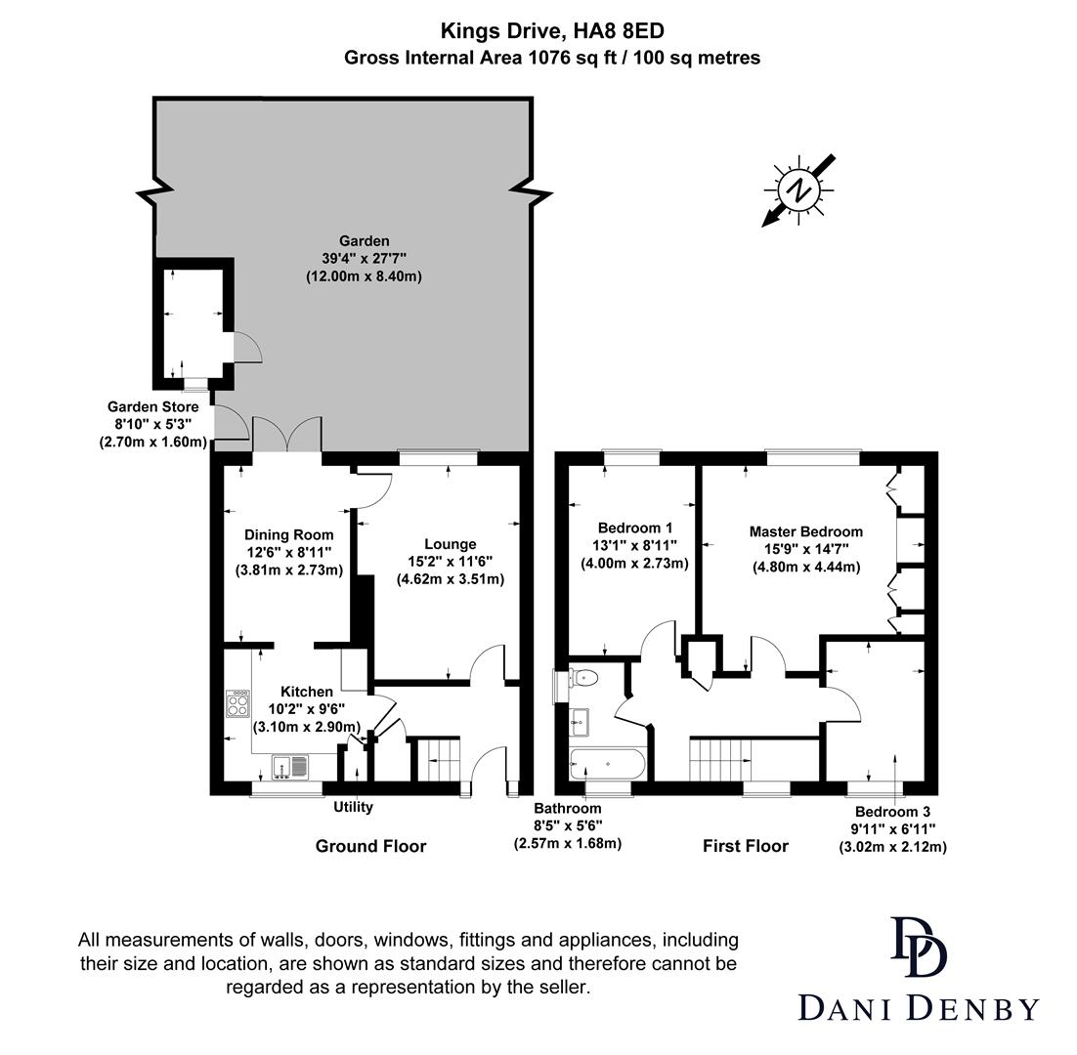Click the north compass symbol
800,190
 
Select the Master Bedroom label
805,531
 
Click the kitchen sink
289,767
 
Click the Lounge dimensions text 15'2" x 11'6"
450,562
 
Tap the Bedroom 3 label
892,812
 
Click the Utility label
353,807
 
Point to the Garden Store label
152,406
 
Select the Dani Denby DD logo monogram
918,947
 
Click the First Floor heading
745,846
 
